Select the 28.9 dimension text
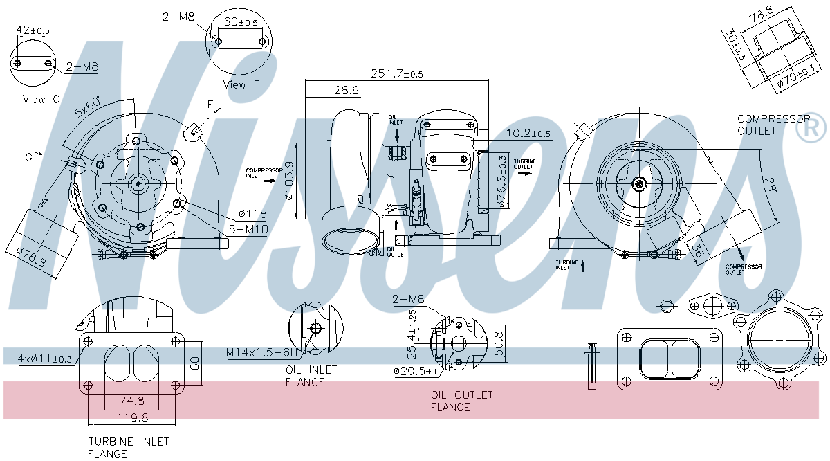pyautogui.click(x=346, y=91)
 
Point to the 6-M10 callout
pyautogui.click(x=247, y=229)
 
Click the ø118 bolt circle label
pyautogui.click(x=253, y=215)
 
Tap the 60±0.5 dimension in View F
pyautogui.click(x=241, y=22)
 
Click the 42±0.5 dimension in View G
pyautogui.click(x=33, y=30)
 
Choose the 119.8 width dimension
pyautogui.click(x=132, y=417)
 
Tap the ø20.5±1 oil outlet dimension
pyautogui.click(x=416, y=371)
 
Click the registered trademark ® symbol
pyautogui.click(x=811, y=127)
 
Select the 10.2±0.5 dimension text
pyautogui.click(x=529, y=134)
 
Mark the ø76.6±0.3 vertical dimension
pyautogui.click(x=502, y=181)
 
